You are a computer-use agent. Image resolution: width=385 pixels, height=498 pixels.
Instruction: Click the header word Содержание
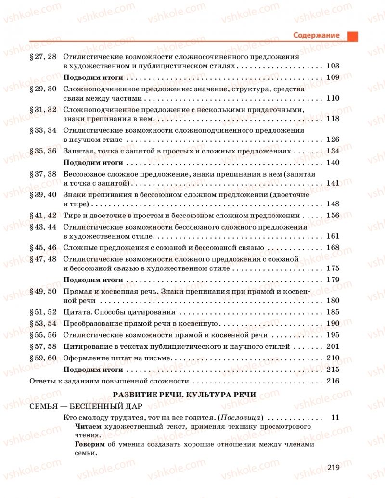[x=316, y=35]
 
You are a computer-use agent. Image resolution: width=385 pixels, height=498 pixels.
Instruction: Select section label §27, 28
[x=43, y=57]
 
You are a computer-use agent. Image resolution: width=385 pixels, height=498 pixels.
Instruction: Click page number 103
[x=333, y=66]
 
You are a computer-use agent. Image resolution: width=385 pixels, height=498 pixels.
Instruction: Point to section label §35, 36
[x=43, y=151]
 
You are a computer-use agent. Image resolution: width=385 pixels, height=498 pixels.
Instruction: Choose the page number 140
[x=333, y=162]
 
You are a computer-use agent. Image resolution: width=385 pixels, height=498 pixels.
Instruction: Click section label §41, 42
[x=43, y=216]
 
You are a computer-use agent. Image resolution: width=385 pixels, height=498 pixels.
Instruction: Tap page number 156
[x=333, y=216]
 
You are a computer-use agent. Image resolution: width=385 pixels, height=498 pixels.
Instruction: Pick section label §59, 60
[x=43, y=358]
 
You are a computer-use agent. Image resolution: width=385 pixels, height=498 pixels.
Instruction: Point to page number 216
[x=333, y=381]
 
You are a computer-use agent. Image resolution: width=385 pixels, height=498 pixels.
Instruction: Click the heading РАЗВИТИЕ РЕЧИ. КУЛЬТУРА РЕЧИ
[x=184, y=395]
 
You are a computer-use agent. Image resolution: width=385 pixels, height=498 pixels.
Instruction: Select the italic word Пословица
[x=241, y=418]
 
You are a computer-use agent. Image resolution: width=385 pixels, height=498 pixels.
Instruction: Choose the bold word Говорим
[x=90, y=445]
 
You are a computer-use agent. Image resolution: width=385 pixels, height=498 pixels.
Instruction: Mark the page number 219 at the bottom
[x=334, y=467]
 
